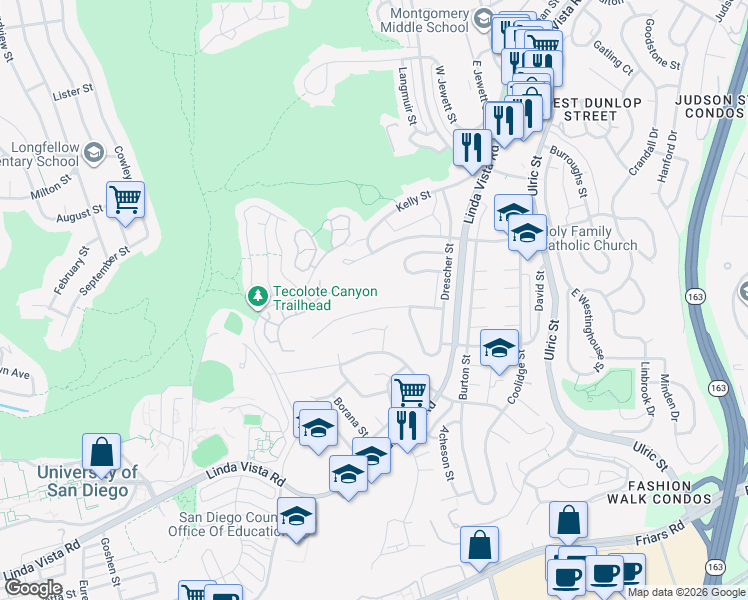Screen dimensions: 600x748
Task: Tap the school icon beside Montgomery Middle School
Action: pos(483,20)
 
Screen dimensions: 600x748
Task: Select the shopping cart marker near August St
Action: pos(125,199)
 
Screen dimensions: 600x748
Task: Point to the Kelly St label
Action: pos(412,203)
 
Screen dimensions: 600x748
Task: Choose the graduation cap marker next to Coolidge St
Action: pos(499,348)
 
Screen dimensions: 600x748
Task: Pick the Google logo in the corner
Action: pos(32,588)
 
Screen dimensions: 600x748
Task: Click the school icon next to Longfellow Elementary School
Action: pos(94,153)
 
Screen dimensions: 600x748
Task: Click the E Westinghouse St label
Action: pos(587,329)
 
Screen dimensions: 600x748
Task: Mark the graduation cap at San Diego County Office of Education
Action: pos(295,516)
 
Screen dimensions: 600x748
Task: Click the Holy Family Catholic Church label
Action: pos(586,238)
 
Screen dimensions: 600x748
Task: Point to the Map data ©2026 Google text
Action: pos(686,592)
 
